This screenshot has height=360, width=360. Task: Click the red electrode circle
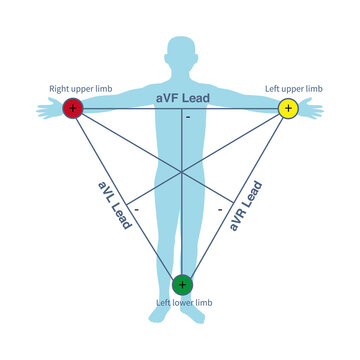click(72, 107)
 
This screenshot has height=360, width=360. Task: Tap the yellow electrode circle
click(288, 107)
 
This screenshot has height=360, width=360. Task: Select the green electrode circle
click(182, 285)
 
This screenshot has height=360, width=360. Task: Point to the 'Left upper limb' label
click(293, 89)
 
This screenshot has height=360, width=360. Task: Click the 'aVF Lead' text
click(181, 99)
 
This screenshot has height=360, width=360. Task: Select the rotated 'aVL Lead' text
click(114, 205)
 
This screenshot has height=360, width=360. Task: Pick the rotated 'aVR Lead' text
click(246, 205)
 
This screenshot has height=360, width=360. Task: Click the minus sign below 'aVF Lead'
click(187, 118)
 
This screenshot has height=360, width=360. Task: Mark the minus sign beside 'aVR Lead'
click(220, 210)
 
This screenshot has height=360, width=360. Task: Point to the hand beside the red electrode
click(48, 110)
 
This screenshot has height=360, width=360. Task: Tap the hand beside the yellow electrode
click(313, 110)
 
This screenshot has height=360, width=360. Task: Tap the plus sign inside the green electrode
click(182, 285)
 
